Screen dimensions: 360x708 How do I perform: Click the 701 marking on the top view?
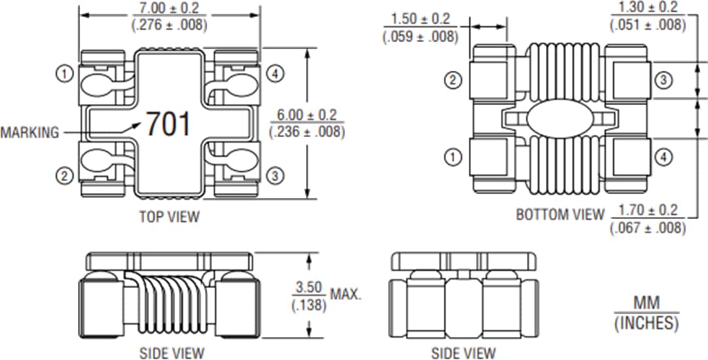coord(168,123)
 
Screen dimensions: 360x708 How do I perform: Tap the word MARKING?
coord(29,132)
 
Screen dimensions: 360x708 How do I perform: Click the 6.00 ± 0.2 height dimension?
coord(307,115)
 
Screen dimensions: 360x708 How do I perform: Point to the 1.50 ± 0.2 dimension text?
coord(420,20)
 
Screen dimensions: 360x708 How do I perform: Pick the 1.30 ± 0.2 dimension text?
coord(648,8)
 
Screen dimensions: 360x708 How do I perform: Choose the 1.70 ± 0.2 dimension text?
coord(648,211)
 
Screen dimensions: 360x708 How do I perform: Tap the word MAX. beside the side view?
coord(345,294)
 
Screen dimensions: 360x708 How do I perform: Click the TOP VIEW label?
coord(169,216)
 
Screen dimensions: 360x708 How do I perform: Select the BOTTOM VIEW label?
coord(560,214)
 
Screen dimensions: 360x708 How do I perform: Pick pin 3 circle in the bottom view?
coord(663,81)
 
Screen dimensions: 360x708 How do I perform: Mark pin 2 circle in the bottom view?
coord(453,81)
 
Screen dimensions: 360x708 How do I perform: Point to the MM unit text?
coord(646,303)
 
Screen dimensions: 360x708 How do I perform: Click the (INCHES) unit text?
coord(646,323)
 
